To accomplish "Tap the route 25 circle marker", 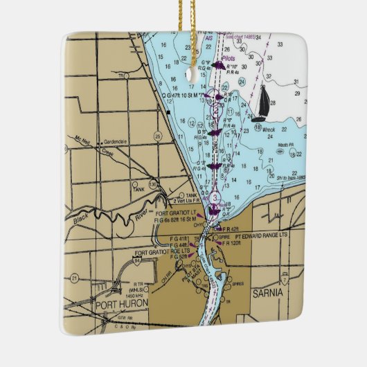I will (158, 134).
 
